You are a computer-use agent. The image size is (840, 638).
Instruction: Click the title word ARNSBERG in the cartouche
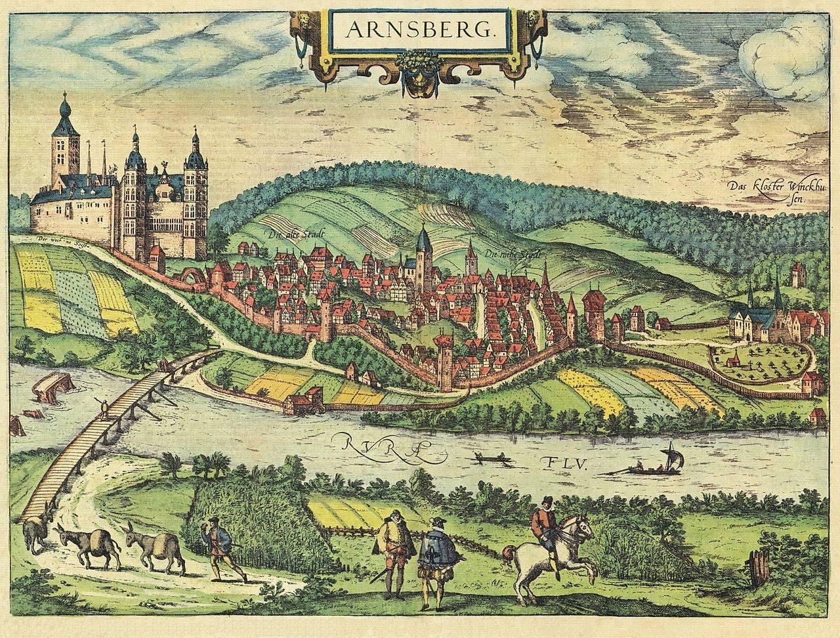click(420, 30)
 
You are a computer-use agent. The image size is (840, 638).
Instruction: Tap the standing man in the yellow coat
click(393, 545)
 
